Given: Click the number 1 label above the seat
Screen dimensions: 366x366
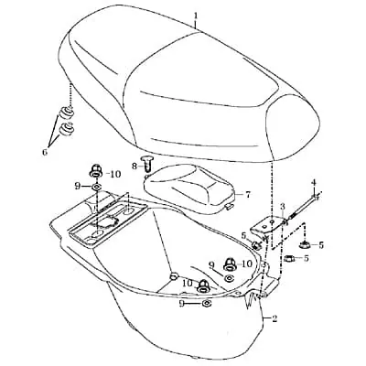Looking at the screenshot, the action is [x=196, y=15].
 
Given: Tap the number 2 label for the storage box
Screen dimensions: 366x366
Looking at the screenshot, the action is [x=274, y=319].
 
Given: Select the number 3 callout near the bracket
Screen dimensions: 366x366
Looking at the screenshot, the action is [x=283, y=206].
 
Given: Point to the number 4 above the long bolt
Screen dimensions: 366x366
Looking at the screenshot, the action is [x=314, y=183].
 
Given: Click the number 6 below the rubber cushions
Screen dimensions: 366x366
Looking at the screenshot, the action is [x=45, y=152].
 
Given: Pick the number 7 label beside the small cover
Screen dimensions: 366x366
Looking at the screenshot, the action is [x=248, y=194].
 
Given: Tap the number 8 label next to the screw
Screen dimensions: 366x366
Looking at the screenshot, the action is [x=135, y=166].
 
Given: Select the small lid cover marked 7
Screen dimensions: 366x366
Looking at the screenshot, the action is [x=189, y=189].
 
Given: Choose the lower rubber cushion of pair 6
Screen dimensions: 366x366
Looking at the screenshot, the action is [x=66, y=129].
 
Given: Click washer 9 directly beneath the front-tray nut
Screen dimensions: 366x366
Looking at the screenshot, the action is [x=96, y=186].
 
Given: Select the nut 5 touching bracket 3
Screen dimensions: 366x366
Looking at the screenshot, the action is [x=255, y=244].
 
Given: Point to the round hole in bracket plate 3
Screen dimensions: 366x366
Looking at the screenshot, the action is [x=272, y=221].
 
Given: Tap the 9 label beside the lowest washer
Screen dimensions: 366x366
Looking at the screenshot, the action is [x=182, y=303].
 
